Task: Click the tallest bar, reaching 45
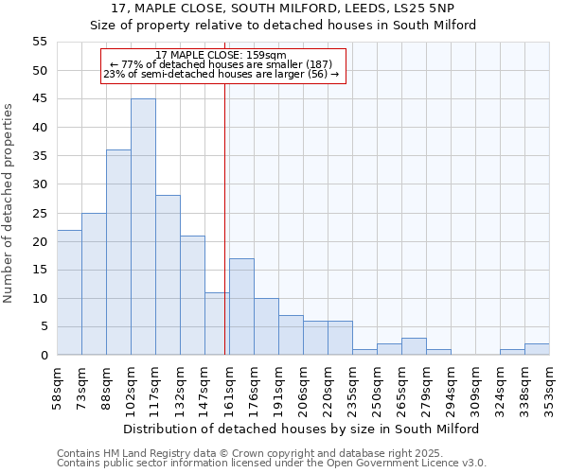143,227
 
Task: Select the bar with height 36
118,253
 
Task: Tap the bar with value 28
168,275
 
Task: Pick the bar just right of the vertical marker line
241,307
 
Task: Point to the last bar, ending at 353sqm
537,349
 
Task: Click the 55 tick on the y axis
40,42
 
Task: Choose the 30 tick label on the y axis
40,184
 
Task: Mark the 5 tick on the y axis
43,327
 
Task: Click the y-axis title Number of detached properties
9,203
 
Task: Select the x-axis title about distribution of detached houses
301,429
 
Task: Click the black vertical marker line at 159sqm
225,236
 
